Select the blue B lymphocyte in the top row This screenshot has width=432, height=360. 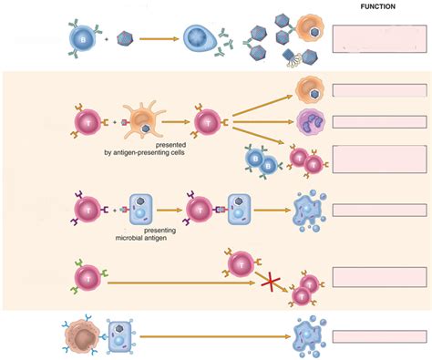(82, 38)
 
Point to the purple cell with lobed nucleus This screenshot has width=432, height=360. (309, 120)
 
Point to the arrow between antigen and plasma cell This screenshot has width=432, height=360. (157, 38)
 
